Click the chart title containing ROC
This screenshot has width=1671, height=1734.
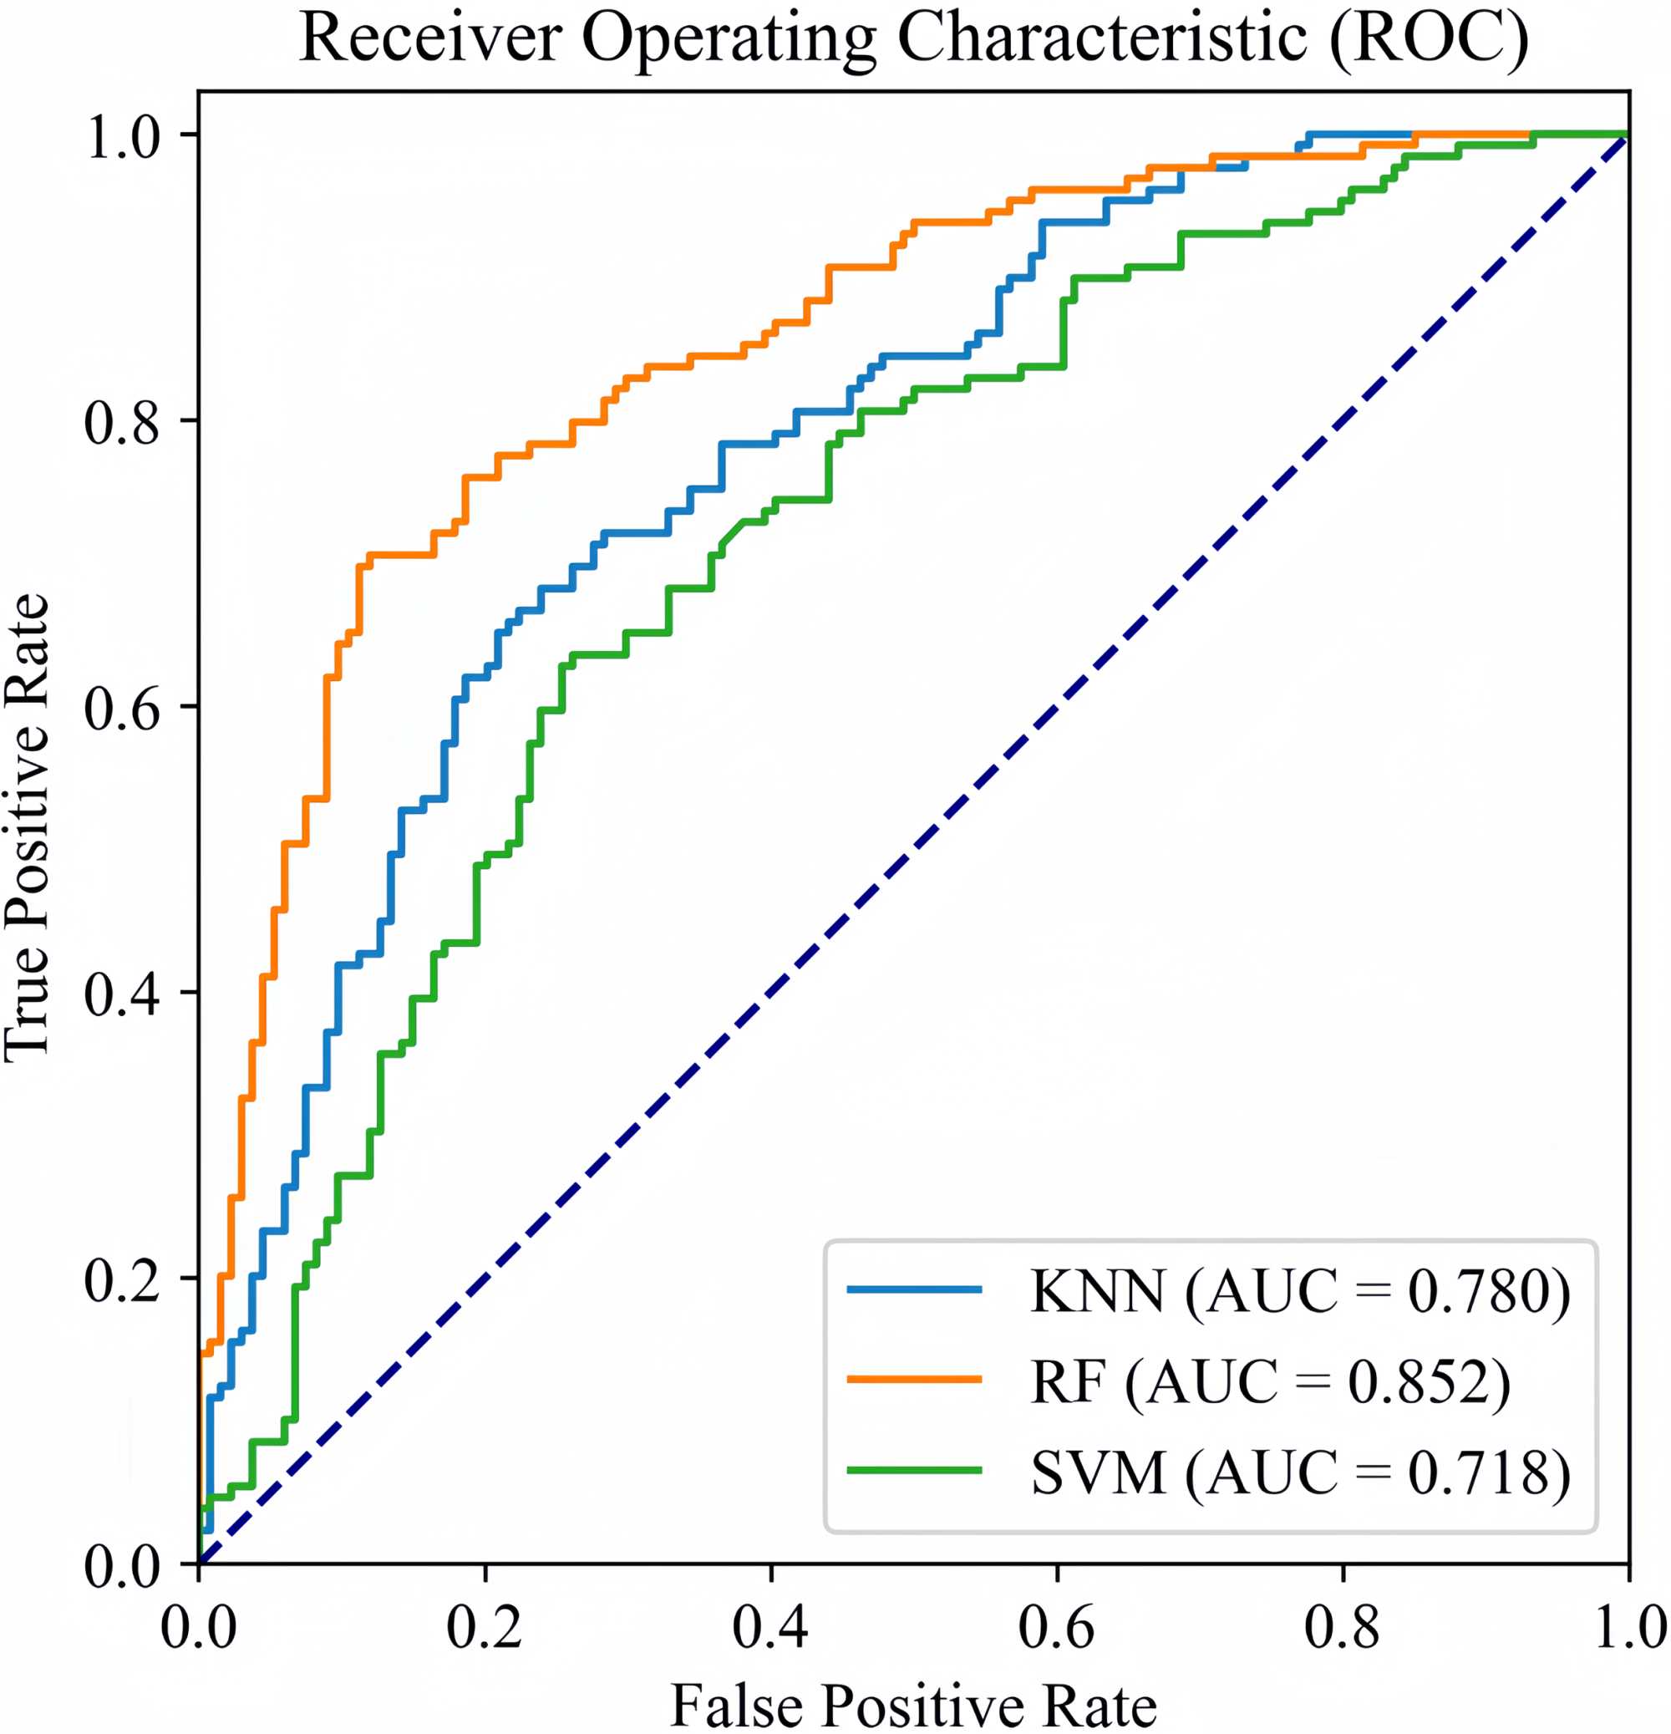[x=914, y=39]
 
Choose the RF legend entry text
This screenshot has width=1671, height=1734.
[x=1270, y=1381]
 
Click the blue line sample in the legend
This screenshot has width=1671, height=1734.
[x=914, y=1290]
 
